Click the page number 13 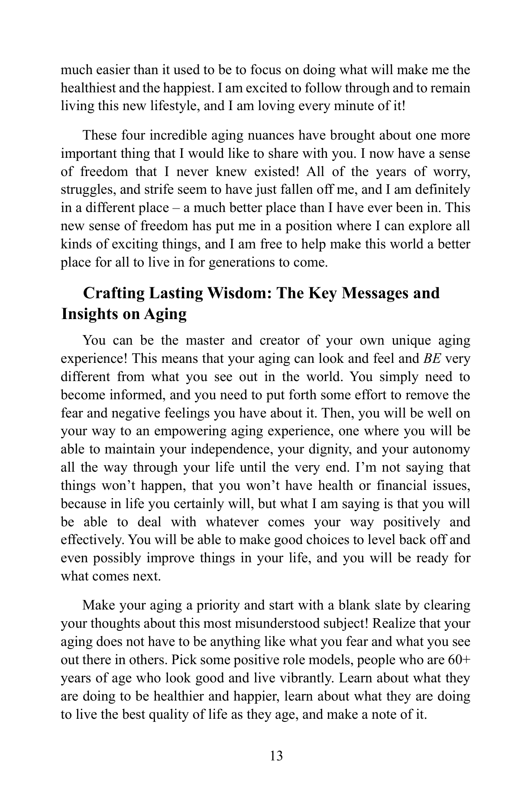276,756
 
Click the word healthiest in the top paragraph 88,88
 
